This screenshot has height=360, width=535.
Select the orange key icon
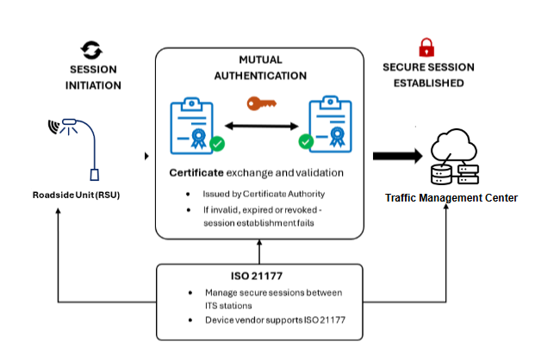click(x=262, y=104)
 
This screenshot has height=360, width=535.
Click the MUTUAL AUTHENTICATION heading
click(x=260, y=68)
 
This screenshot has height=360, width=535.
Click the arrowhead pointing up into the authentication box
click(x=259, y=245)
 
